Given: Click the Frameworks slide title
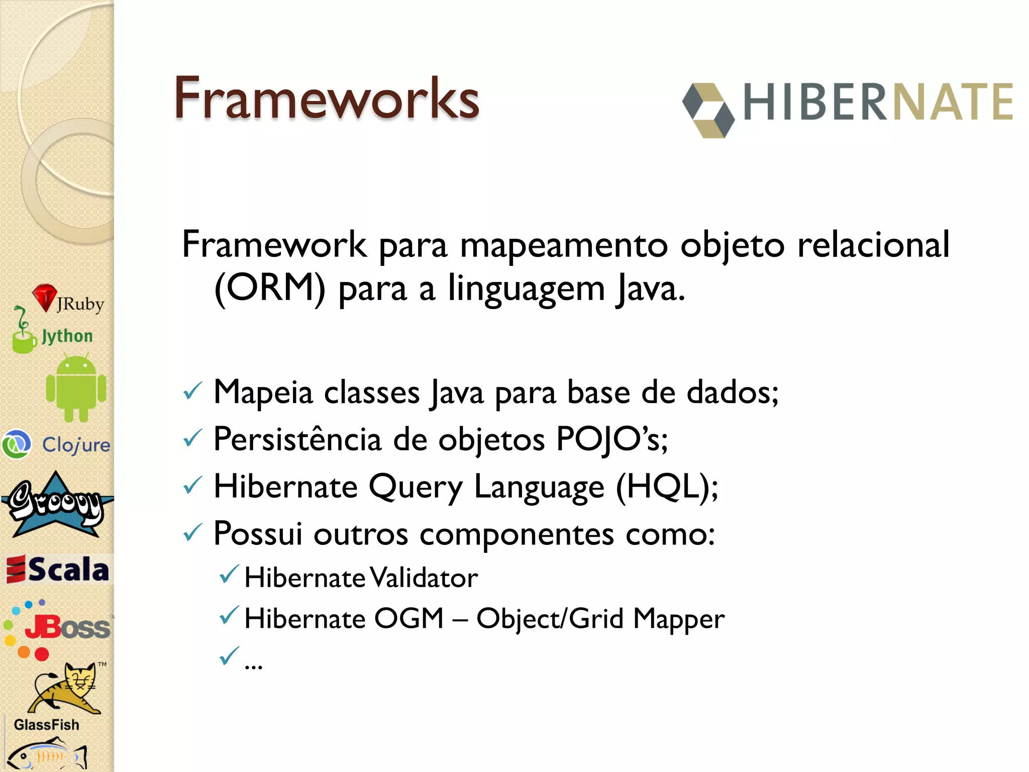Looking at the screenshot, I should coord(327,98).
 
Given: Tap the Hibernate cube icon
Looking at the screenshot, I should coord(708,110).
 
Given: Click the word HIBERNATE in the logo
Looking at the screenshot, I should coord(878,102).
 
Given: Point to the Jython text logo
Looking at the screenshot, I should coord(67,336).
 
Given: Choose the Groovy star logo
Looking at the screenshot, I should coord(56,505).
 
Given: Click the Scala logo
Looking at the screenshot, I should coord(58,569).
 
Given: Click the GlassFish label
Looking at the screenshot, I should coord(46,725).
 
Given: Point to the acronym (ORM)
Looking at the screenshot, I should coord(270,288).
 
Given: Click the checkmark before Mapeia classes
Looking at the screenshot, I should coord(192,392).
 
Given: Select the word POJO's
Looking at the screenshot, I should coord(611,439).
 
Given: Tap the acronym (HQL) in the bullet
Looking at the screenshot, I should coord(662,487).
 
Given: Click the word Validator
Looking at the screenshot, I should coord(425,577).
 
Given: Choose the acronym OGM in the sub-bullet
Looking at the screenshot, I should coord(409,618).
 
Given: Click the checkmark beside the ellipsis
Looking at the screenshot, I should coord(229,656).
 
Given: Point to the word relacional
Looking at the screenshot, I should coord(873,244).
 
